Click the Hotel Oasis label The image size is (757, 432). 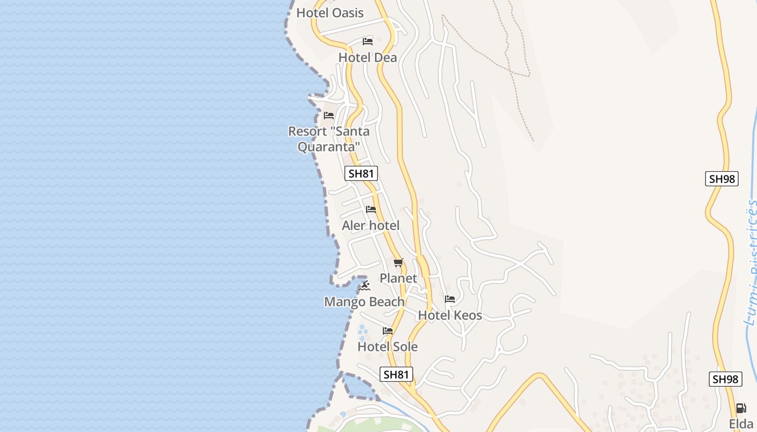pos(330,12)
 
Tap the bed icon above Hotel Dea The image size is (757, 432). pos(368,42)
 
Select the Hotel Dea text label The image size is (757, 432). pos(368,57)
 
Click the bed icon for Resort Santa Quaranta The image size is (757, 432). pos(329,116)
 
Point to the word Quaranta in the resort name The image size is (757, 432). pos(329,146)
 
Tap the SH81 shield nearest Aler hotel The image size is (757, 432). pos(361,173)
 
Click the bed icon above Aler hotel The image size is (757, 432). pos(371,210)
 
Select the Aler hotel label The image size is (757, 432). pos(371,225)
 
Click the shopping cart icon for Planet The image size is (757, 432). pos(399,263)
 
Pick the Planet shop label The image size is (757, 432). pos(399,278)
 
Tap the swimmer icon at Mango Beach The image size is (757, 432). pos(365,286)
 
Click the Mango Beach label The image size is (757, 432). pos(364,301)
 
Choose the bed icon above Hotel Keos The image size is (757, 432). pos(450,299)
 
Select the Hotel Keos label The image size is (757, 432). pos(450,315)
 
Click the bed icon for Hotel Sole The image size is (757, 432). pos(388,331)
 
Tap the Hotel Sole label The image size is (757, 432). pos(388,346)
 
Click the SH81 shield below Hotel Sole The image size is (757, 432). pos(396,374)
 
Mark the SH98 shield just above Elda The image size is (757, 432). pos(725,379)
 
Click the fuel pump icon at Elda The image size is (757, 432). pos(741,408)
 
